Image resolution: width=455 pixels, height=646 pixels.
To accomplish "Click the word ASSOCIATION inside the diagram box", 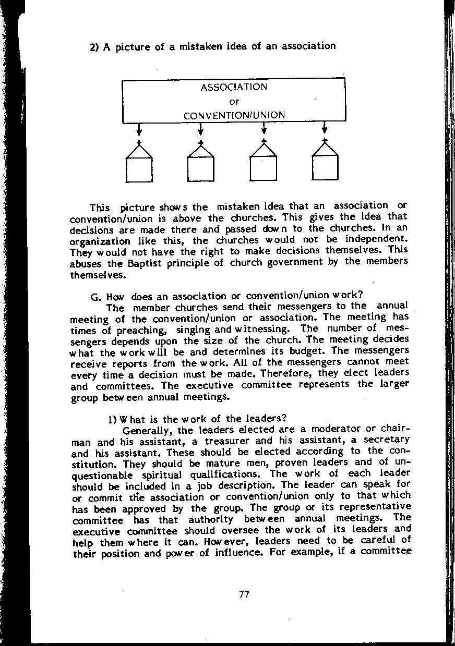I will pyautogui.click(x=234, y=87).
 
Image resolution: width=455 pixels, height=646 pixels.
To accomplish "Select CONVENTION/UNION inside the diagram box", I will pyautogui.click(x=234, y=115).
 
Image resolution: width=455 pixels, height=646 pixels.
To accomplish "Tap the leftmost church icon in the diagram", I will pyautogui.click(x=139, y=164).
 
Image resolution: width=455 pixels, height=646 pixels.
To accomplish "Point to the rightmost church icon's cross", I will pyautogui.click(x=325, y=140).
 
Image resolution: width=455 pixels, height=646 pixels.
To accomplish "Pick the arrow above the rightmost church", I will pyautogui.click(x=325, y=128).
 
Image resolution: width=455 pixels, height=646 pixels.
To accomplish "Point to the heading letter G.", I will pyautogui.click(x=94, y=298).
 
